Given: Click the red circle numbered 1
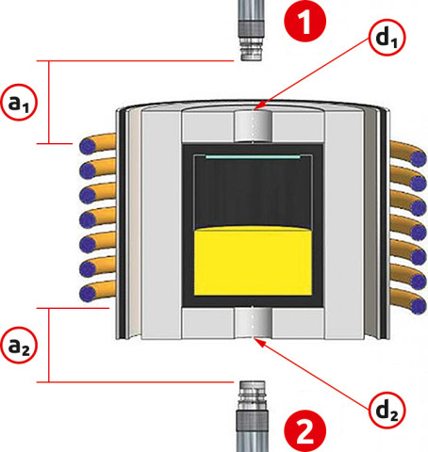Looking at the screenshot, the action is click(305, 21).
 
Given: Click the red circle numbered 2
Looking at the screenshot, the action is click(305, 431).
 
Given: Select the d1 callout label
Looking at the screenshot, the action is click(387, 38).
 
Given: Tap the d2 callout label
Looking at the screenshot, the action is click(387, 411).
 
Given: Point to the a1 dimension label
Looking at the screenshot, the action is click(19, 103).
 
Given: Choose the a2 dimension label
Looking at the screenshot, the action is click(19, 345).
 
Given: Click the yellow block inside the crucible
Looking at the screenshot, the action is click(253, 261).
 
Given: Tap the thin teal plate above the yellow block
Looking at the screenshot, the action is click(253, 156).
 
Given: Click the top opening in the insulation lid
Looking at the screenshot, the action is click(254, 126).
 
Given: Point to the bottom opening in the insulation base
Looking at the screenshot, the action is click(254, 323).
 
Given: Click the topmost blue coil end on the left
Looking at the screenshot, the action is click(88, 147).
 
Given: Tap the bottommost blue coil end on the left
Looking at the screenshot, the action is click(88, 294).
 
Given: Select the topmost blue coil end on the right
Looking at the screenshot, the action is click(419, 158).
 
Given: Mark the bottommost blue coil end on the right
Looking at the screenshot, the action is click(419, 306).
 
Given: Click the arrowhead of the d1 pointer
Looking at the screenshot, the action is click(258, 106).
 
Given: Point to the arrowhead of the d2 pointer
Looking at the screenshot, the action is click(258, 342).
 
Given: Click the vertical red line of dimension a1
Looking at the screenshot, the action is click(49, 103).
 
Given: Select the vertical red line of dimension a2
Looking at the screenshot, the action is click(49, 346).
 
